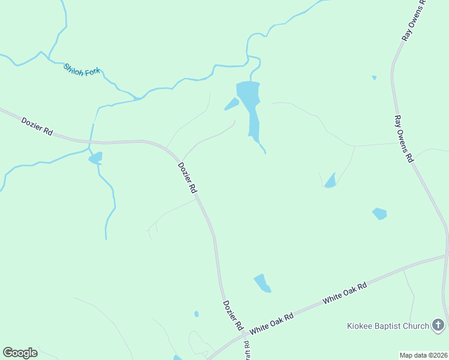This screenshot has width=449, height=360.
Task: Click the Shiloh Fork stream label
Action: [x=81, y=70]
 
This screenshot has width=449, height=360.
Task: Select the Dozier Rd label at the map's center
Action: [x=187, y=177]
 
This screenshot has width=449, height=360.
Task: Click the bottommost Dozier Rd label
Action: [x=232, y=316]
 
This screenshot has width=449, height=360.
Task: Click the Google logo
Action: [x=20, y=353]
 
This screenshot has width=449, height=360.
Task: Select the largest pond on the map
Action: [x=249, y=102]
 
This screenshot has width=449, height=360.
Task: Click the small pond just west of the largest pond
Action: [x=232, y=104]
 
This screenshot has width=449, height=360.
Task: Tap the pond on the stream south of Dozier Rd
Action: [x=95, y=158]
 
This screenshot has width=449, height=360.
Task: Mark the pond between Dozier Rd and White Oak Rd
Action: [x=262, y=283]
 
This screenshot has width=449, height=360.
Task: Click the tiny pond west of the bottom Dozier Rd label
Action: [x=196, y=313]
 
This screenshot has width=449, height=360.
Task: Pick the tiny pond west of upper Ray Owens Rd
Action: [x=374, y=77]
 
